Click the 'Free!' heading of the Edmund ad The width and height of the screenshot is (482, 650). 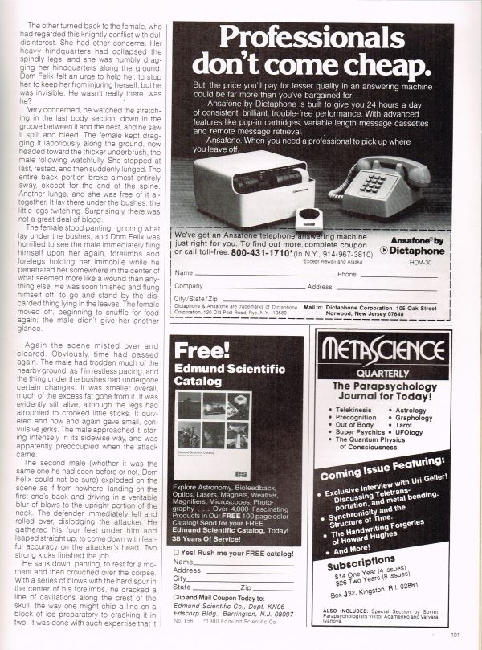pos(198,351)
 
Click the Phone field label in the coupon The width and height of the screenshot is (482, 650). pos(346,274)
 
